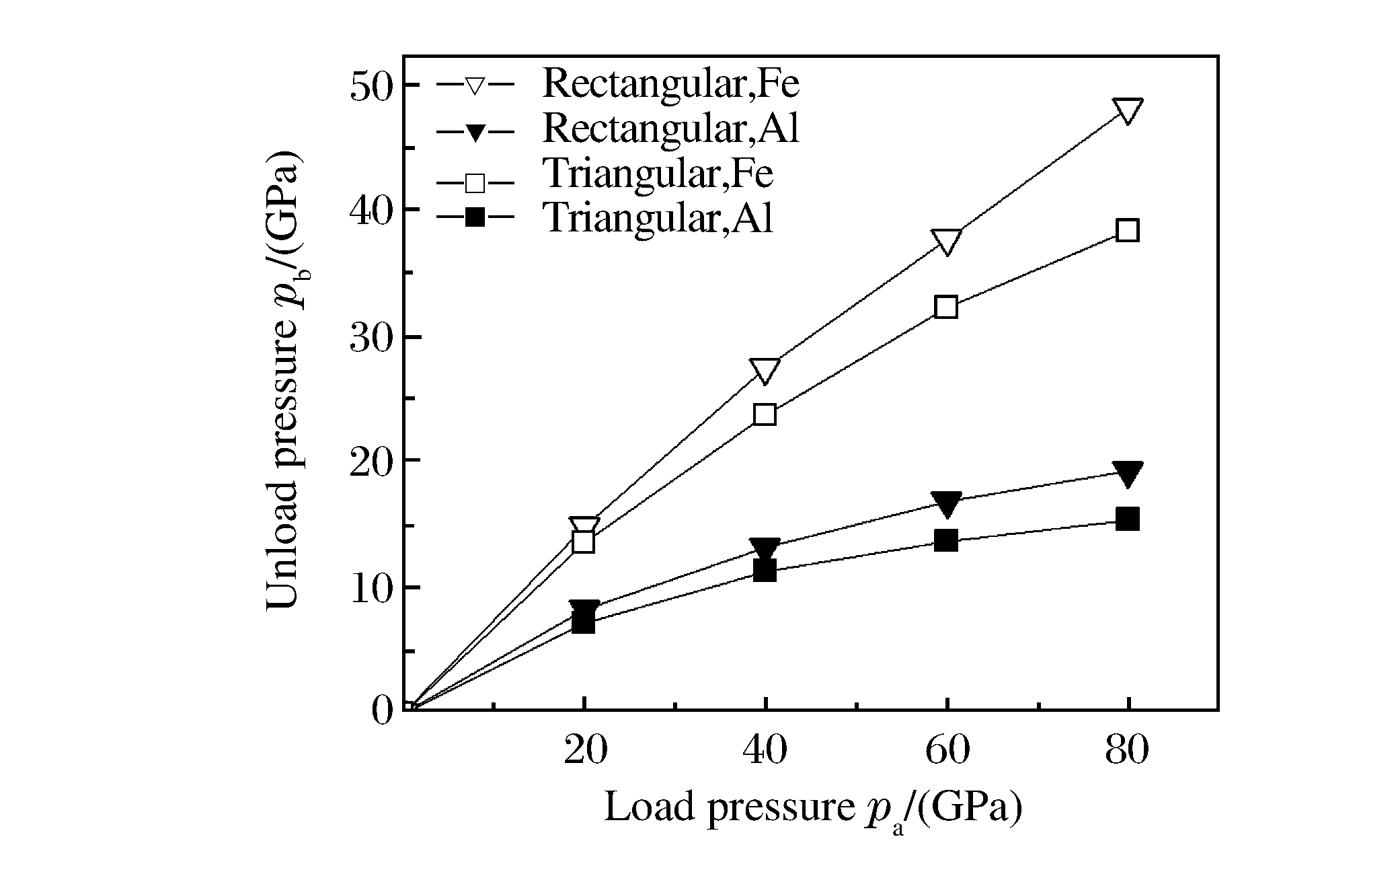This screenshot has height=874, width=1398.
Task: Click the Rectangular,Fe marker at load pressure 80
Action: click(1127, 110)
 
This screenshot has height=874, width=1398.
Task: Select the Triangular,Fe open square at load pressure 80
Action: click(1127, 231)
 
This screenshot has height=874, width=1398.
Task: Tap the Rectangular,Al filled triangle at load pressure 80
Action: click(1127, 473)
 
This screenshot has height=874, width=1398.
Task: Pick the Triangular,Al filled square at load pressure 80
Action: click(1127, 519)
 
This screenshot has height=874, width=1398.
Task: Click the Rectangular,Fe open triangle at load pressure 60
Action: click(946, 242)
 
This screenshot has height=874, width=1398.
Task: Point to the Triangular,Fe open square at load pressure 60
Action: click(946, 307)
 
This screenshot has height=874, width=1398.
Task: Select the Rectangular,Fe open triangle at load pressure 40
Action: click(765, 370)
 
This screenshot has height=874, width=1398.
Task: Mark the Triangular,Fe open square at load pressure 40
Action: click(765, 414)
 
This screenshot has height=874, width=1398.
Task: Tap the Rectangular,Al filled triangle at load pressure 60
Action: click(946, 503)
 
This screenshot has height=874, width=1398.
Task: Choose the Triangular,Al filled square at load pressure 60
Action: click(946, 540)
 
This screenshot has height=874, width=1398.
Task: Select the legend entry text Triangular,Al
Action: click(658, 217)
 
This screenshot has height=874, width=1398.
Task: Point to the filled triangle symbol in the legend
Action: click(475, 131)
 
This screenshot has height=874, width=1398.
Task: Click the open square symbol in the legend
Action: click(475, 182)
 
